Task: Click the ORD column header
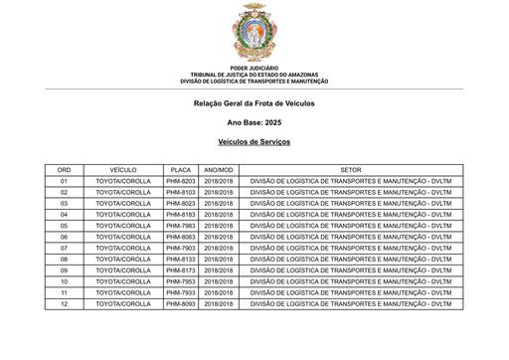(64, 170)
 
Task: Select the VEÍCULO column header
(122, 170)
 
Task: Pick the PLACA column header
(181, 170)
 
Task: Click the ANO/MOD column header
(219, 170)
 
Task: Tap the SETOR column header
(350, 170)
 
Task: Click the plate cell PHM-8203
(181, 181)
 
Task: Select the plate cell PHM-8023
(181, 203)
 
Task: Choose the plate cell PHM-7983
(181, 226)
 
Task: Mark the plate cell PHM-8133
(181, 259)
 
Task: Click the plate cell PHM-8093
(181, 303)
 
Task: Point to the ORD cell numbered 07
(64, 248)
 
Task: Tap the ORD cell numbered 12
(64, 303)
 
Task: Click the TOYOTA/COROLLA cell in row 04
(122, 215)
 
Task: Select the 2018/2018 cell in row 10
(219, 281)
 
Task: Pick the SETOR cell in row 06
(350, 237)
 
